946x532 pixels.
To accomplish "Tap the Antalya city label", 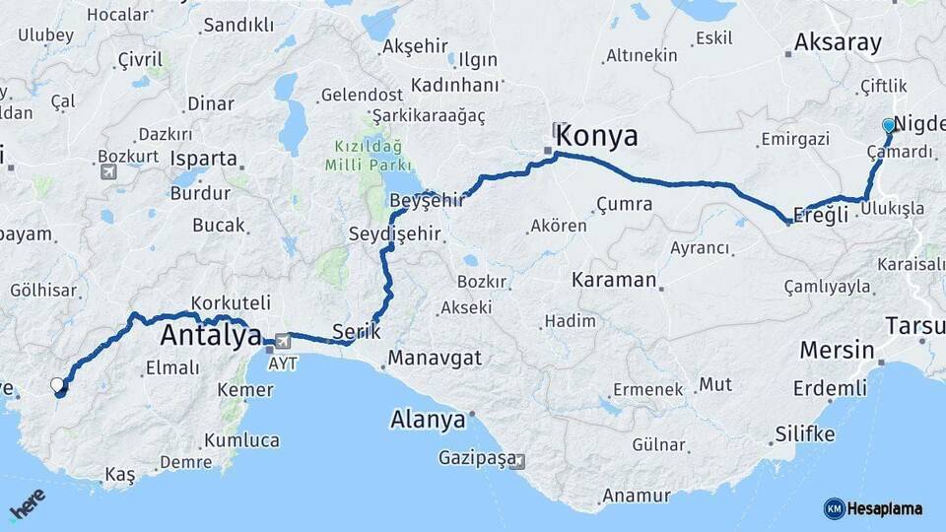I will click(210, 335).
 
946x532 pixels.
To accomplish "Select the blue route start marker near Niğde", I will click(889, 126).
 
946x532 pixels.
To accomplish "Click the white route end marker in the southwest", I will click(57, 385).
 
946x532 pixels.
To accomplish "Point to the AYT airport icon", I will click(284, 342).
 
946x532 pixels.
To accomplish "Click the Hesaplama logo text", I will click(884, 508).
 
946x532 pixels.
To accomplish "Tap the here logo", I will click(27, 506).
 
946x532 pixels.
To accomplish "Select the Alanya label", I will click(428, 419).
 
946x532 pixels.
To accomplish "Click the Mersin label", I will click(837, 350).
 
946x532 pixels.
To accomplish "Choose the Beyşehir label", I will click(427, 200).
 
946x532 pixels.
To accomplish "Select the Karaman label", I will click(614, 280).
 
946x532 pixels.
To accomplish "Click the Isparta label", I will click(204, 159).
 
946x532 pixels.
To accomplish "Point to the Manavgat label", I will click(435, 358).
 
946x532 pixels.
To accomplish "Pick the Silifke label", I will click(804, 433).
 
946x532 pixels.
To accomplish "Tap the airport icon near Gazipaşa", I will click(518, 461).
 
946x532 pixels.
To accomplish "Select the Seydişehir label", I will click(394, 234).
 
